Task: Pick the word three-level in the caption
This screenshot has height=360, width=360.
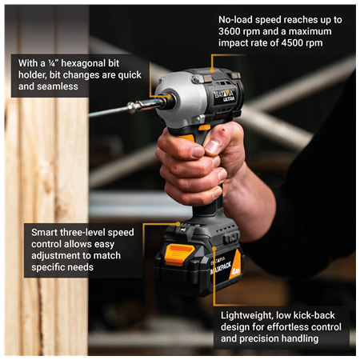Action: pyautogui.click(x=90, y=232)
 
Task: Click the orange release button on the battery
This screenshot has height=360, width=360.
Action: pyautogui.click(x=178, y=254)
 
